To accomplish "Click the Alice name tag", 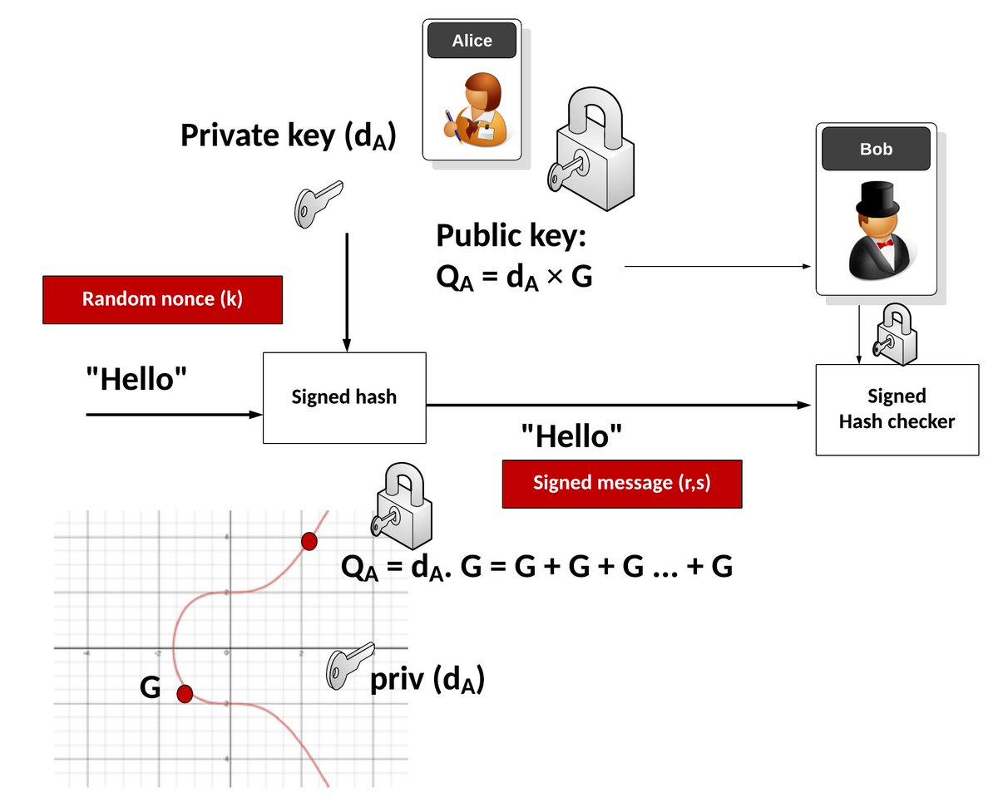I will (x=472, y=41).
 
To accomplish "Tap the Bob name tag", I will (x=876, y=150).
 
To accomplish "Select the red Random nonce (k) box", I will (x=162, y=299).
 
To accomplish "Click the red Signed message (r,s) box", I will (x=621, y=483).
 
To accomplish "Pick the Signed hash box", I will (x=344, y=397).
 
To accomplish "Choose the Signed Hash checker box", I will (x=897, y=409).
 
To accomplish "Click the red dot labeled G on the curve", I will (x=185, y=693).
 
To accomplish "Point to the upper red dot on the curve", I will (x=309, y=542).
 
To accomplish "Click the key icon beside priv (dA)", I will (x=347, y=665).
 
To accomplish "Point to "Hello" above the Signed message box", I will (x=571, y=435).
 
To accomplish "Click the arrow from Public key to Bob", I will (x=715, y=267).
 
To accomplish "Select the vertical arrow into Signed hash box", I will (x=347, y=291).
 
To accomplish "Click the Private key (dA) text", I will (x=287, y=135).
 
